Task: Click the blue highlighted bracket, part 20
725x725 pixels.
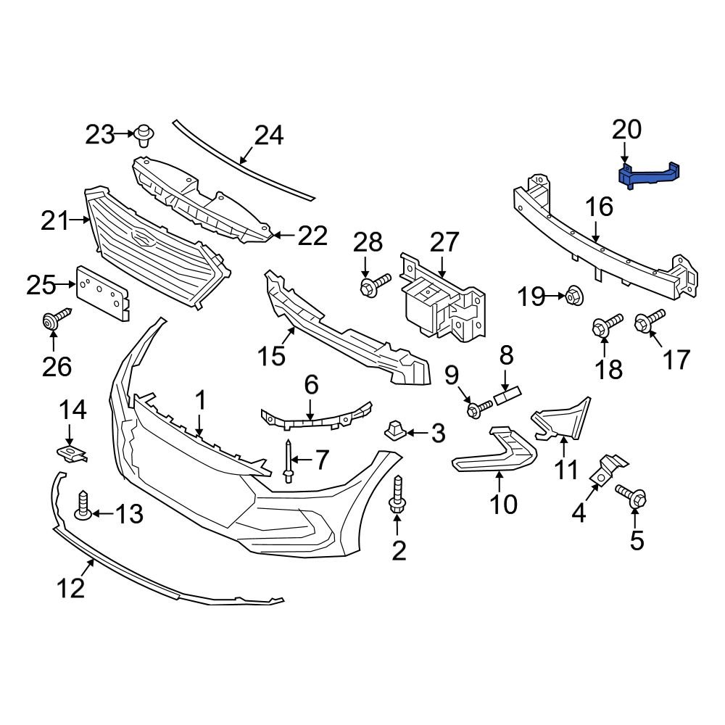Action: [650, 175]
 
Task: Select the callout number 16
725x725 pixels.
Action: [600, 207]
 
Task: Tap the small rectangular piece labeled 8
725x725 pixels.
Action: [508, 396]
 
